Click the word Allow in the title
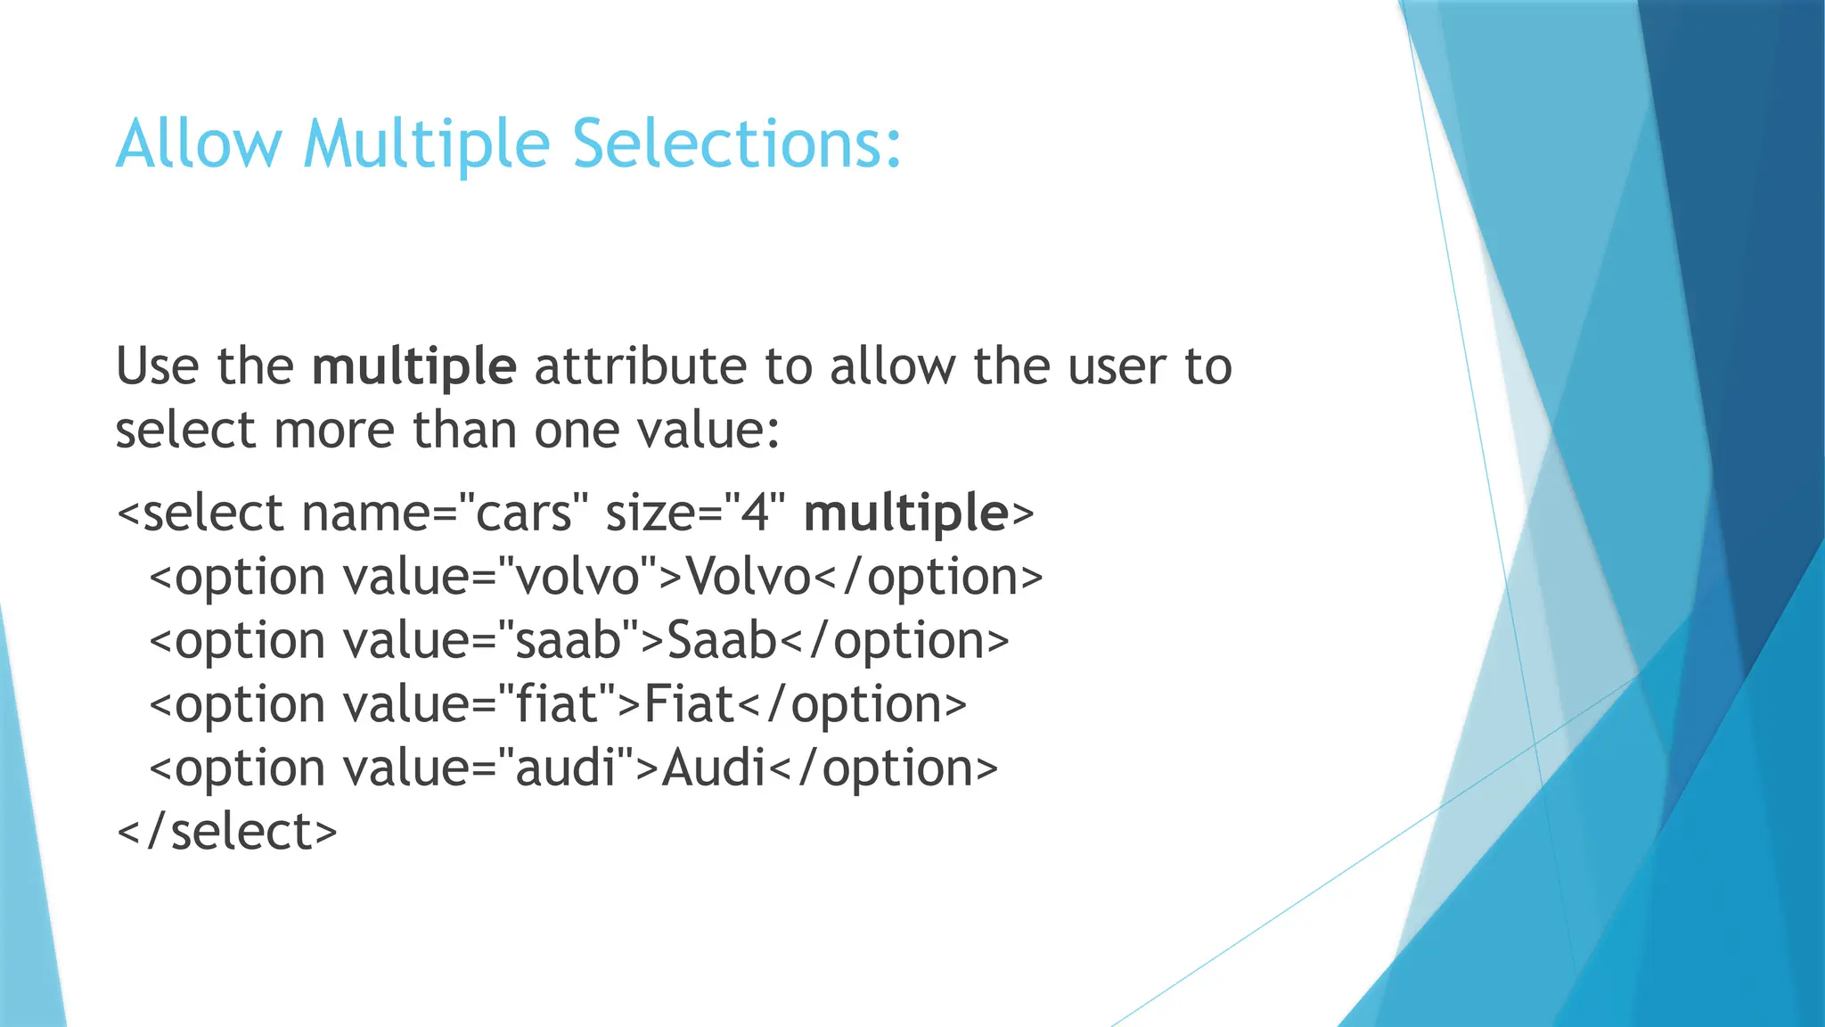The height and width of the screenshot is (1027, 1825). pos(199,144)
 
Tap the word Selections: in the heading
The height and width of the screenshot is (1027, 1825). pos(736,144)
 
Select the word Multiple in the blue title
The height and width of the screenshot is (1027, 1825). pos(426,144)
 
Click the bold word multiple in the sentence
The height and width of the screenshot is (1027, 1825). pos(413,367)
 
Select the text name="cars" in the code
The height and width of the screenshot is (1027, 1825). pos(445,513)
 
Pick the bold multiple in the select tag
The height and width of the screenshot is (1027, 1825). pos(905,513)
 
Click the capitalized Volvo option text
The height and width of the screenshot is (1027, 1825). pos(748,577)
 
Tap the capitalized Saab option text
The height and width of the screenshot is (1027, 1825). pos(722,641)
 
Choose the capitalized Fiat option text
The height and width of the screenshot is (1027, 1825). pos(689,705)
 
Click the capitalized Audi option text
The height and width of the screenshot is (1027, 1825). pos(713,768)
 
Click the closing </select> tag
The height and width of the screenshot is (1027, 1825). pos(227,833)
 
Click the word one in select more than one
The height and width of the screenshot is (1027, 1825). pos(576,431)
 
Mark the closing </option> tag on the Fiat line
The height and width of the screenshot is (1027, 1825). pos(853,705)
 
